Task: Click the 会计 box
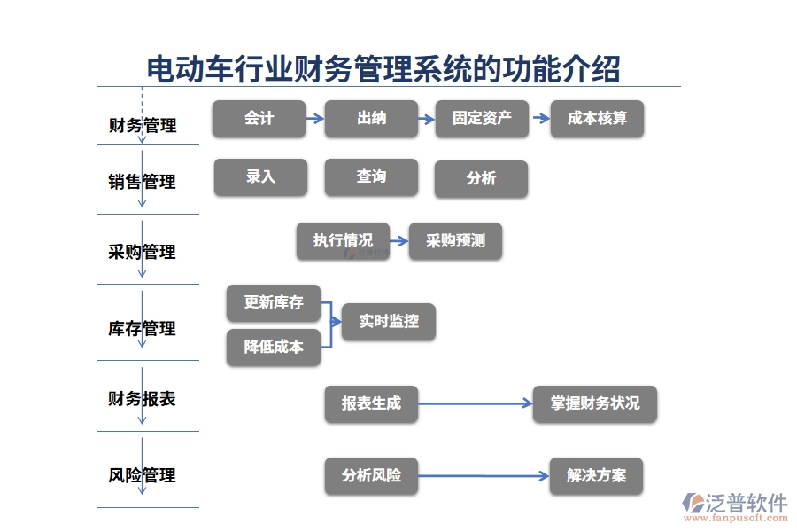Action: [x=259, y=119]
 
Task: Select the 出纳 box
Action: [x=370, y=119]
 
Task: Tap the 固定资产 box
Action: [x=482, y=119]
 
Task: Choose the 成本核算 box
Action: [x=597, y=119]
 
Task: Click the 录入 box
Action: [x=260, y=177]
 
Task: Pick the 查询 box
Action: [x=370, y=177]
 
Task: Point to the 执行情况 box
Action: [x=343, y=241]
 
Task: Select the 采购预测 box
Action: [x=455, y=241]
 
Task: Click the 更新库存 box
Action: [x=274, y=303]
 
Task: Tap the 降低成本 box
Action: [x=274, y=348]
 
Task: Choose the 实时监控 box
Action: [x=389, y=322]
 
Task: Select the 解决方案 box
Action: [x=596, y=476]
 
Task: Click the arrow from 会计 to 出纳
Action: [x=314, y=118]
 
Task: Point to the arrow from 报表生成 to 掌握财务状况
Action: [x=475, y=403]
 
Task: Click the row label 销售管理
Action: [x=142, y=182]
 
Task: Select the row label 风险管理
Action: [x=142, y=476]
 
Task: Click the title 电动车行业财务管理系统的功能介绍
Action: [x=383, y=68]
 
